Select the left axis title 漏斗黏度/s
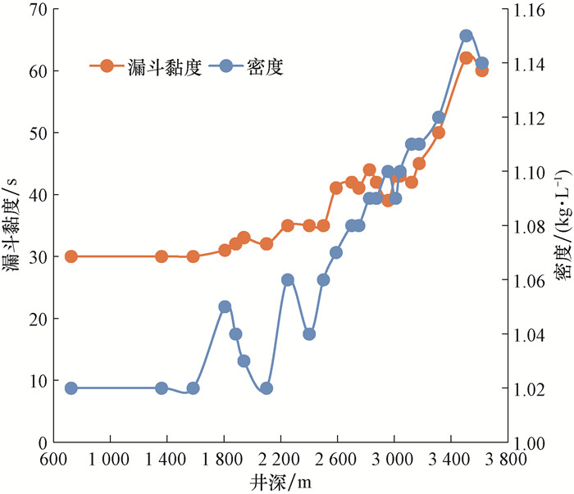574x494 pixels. click(12, 225)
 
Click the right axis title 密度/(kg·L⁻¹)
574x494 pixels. click(562, 225)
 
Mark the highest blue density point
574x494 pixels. click(466, 35)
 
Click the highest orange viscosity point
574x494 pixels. click(466, 58)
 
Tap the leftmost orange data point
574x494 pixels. click(71, 256)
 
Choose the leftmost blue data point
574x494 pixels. click(71, 388)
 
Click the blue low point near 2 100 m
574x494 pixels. click(266, 388)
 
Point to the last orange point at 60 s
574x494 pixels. click(481, 70)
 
